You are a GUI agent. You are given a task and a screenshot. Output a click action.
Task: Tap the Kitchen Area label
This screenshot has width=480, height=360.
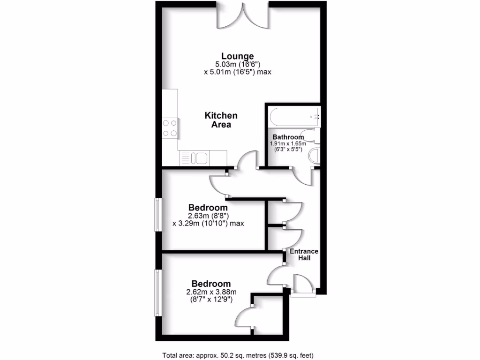[x=221, y=120]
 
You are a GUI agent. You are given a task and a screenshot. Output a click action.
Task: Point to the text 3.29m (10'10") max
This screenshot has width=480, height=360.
[x=209, y=224]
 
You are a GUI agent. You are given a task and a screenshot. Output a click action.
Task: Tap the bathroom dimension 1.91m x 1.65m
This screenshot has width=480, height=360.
[x=288, y=143]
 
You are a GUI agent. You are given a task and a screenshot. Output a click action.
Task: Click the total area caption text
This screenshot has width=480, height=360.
[x=241, y=355]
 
